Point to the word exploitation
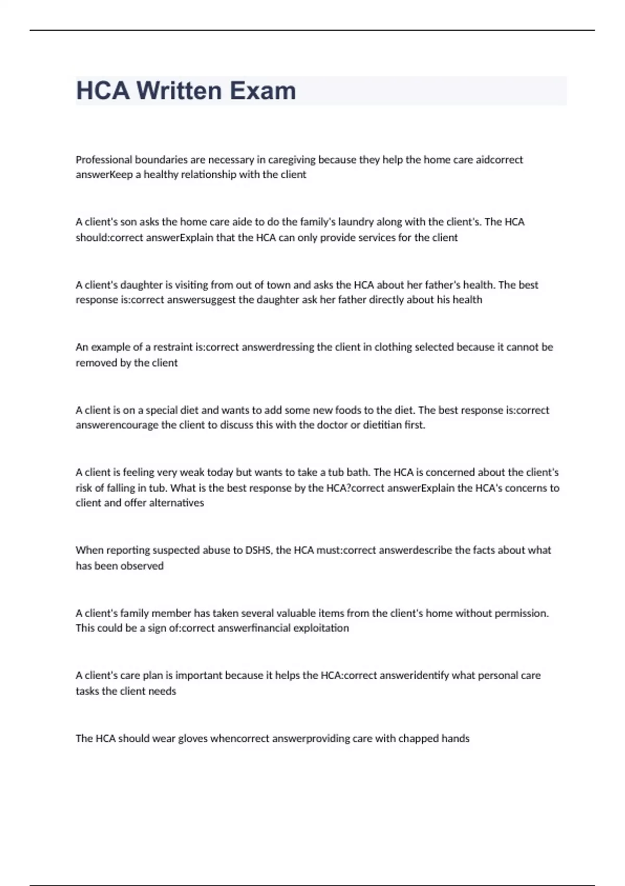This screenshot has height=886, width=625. click(x=321, y=628)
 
